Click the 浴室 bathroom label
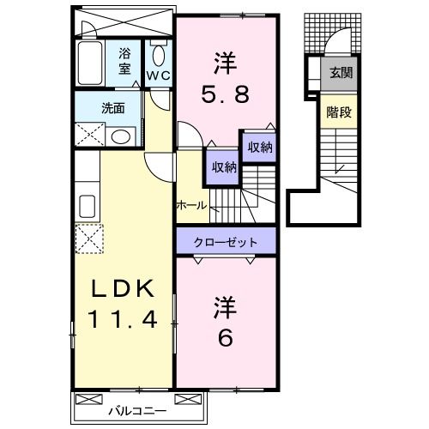125,62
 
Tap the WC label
159,76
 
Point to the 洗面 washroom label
112,109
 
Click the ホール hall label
190,205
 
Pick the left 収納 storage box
221,167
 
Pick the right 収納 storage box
259,148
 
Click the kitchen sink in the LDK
87,206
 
